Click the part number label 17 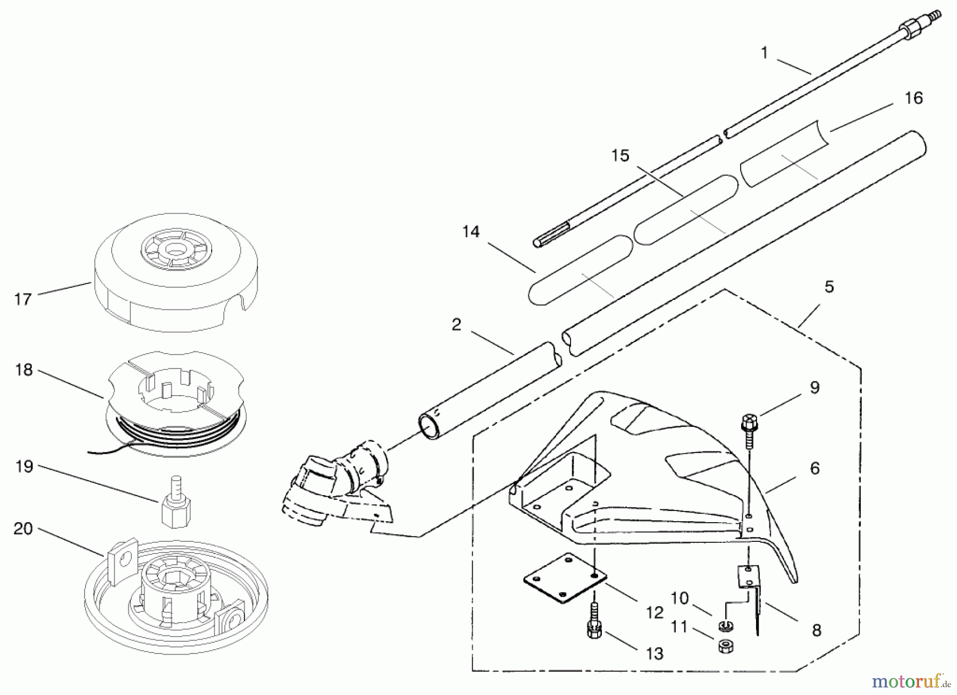23,299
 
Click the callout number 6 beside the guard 815,468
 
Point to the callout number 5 829,288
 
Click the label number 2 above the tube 456,325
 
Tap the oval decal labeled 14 581,270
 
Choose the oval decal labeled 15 686,210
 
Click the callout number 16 913,98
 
